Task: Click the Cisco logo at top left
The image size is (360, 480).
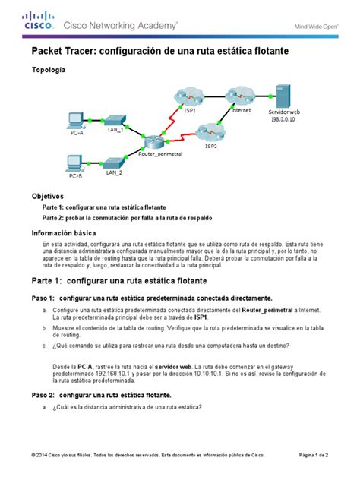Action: coord(39,21)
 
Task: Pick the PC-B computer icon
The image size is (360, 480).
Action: coord(75,163)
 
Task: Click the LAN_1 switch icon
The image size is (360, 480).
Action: coord(115,121)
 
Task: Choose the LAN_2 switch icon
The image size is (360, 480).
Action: coord(115,163)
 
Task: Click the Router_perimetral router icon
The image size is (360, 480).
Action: coord(156,143)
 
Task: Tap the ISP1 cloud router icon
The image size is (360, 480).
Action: coord(189,97)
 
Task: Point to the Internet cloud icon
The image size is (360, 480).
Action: coord(242,99)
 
